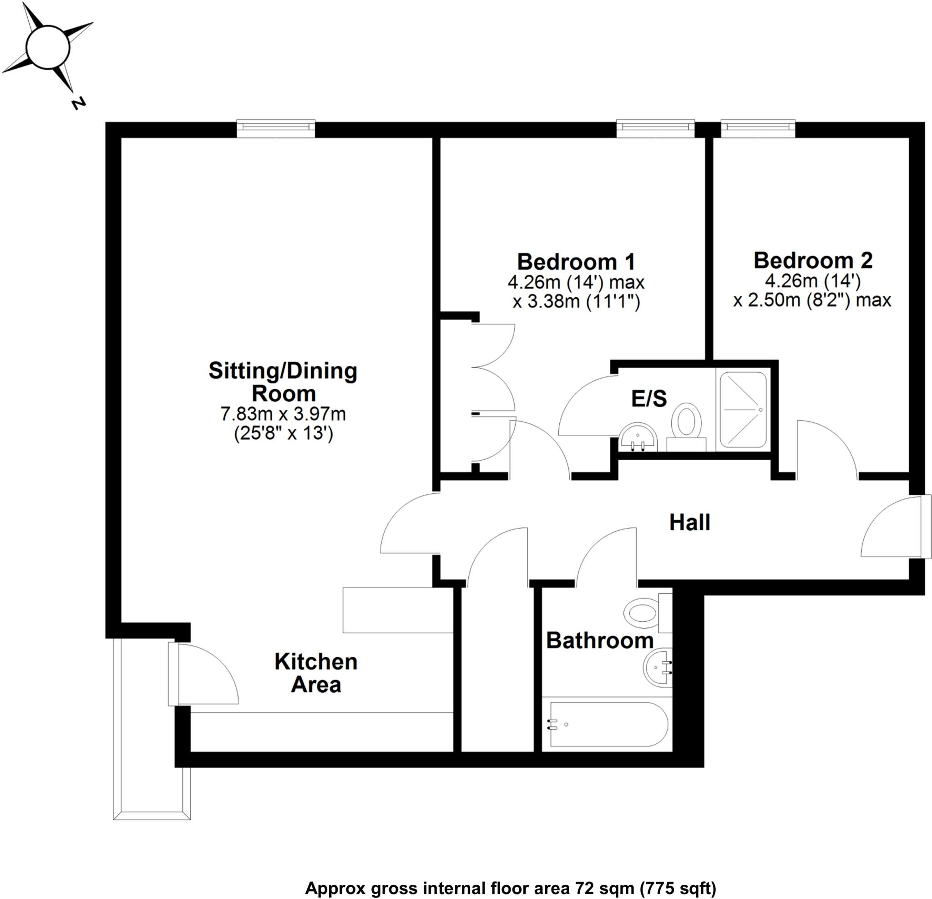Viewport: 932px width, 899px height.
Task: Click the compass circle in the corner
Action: (x=47, y=47)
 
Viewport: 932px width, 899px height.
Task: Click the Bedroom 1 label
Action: (x=576, y=262)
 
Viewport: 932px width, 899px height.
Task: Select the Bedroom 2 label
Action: (x=813, y=261)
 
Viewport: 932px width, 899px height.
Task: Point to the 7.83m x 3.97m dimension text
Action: (x=283, y=414)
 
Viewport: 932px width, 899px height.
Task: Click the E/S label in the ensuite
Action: (x=648, y=399)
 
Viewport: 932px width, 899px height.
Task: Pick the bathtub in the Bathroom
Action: (x=608, y=724)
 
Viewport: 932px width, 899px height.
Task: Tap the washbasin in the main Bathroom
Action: (x=658, y=667)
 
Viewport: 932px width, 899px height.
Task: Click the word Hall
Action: (x=689, y=523)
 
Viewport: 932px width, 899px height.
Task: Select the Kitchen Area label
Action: (x=316, y=673)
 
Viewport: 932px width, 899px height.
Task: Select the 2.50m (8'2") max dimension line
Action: (x=812, y=300)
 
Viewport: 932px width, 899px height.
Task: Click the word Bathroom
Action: (x=600, y=641)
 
